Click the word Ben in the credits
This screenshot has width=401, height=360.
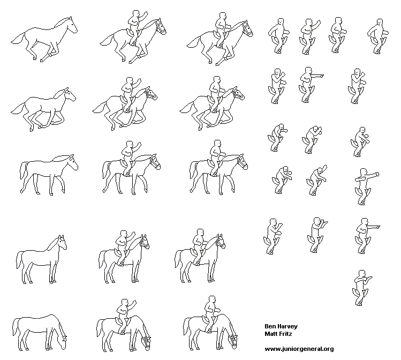[x=270, y=326]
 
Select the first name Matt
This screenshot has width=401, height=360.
[x=270, y=334]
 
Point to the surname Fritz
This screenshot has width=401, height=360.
[x=285, y=334]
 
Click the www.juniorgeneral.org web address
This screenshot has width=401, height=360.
[x=299, y=349]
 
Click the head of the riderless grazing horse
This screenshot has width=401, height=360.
[x=63, y=342]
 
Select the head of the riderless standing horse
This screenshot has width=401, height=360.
[x=62, y=242]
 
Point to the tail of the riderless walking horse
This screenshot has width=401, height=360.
[x=24, y=170]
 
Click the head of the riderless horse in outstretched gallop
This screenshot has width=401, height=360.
[x=72, y=25]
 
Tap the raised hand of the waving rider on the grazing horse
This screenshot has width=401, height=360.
[x=133, y=303]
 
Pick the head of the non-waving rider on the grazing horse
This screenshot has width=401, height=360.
[x=212, y=299]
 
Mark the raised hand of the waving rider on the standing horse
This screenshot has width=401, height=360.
[x=133, y=234]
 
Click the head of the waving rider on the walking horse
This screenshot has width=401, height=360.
[x=130, y=144]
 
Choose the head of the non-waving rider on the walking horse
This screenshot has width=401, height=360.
[x=217, y=143]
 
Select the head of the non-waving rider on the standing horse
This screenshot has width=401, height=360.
[x=200, y=232]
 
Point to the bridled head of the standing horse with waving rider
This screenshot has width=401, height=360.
[x=145, y=241]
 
